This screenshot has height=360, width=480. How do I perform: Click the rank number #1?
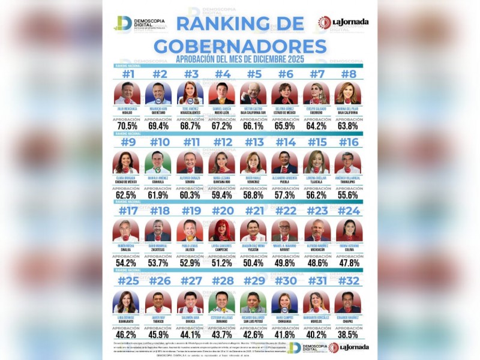click(127, 74)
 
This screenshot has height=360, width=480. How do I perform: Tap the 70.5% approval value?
click(127, 126)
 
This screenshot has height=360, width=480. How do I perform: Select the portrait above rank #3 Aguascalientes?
click(190, 94)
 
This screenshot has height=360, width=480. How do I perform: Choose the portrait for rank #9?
click(127, 162)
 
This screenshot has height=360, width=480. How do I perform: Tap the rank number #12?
click(223, 142)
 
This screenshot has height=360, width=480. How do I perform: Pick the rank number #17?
click(127, 211)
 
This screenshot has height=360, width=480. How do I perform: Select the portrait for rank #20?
click(223, 230)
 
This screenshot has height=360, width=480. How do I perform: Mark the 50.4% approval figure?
click(254, 262)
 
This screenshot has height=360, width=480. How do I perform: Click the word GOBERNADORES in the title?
click(240, 46)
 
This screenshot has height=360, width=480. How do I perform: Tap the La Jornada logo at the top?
click(343, 23)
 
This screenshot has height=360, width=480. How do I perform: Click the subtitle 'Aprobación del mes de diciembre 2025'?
click(240, 59)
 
